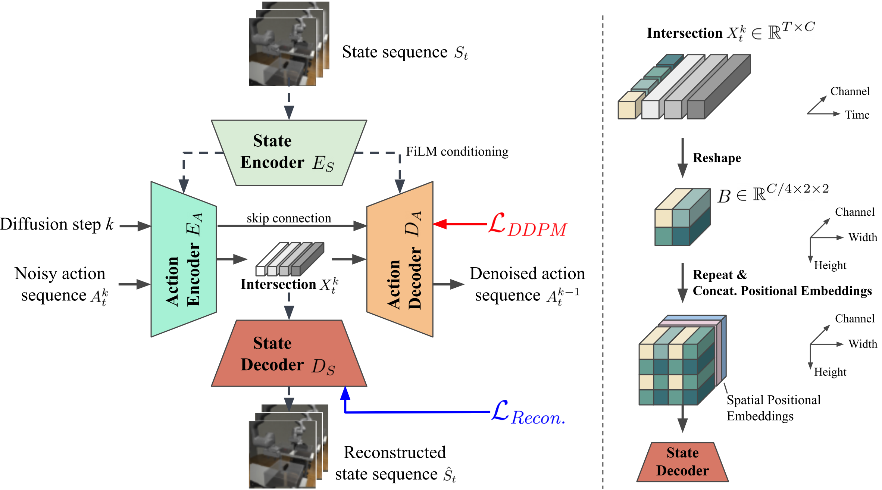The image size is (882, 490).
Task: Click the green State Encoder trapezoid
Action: pyautogui.click(x=289, y=153)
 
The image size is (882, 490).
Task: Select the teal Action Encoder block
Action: pyautogui.click(x=184, y=259)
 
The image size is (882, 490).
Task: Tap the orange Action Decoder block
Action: pyautogui.click(x=400, y=259)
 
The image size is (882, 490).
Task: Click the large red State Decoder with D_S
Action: pyautogui.click(x=289, y=353)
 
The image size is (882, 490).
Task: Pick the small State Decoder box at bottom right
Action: pyautogui.click(x=682, y=462)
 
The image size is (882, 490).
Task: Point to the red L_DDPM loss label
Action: pyautogui.click(x=528, y=225)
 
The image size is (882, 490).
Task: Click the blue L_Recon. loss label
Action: pyautogui.click(x=528, y=413)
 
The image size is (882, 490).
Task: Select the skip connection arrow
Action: pyautogui.click(x=292, y=226)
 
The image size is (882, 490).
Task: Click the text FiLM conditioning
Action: pyautogui.click(x=457, y=152)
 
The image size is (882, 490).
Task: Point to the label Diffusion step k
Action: pyautogui.click(x=57, y=224)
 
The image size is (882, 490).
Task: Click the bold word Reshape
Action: pyautogui.click(x=717, y=158)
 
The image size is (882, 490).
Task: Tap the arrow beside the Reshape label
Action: pyautogui.click(x=682, y=158)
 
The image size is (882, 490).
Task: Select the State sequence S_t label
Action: pyautogui.click(x=405, y=52)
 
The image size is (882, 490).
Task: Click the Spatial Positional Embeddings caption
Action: pyautogui.click(x=773, y=408)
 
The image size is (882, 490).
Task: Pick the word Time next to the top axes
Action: pyautogui.click(x=857, y=115)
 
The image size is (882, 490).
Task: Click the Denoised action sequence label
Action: pyautogui.click(x=527, y=285)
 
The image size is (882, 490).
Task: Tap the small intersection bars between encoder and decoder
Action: pyautogui.click(x=290, y=259)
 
